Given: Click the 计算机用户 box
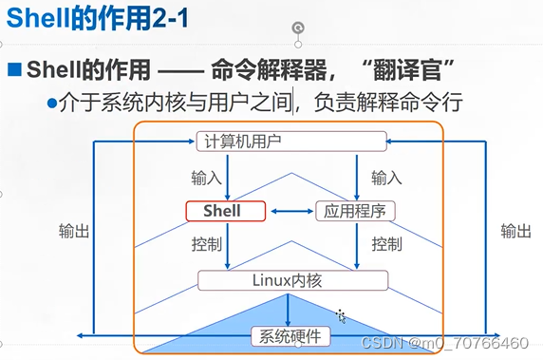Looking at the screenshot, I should point(291,142).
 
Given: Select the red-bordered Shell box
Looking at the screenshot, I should point(225,211).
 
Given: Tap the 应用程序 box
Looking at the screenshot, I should point(355,211).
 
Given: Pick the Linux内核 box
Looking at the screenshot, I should point(291,279).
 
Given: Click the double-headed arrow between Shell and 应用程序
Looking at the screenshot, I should point(290,211).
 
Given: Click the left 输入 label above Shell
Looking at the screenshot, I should point(206,178).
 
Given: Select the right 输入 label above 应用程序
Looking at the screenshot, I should point(385,178).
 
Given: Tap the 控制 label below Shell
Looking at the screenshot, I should point(206,244).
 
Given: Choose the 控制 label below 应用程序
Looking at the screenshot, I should point(385,244).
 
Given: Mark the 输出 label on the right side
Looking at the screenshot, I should point(515,231).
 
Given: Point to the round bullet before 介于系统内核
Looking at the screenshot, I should point(52,102).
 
